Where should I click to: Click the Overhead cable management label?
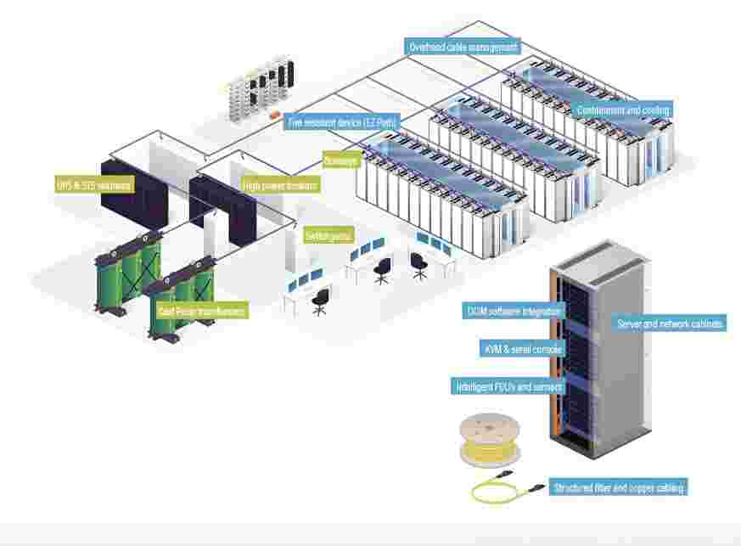coord(463,48)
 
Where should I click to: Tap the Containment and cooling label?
coord(622,110)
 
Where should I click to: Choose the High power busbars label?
coord(280,185)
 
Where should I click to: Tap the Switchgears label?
coord(328,235)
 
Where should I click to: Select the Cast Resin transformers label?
coord(201,312)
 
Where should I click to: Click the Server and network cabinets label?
coord(670,324)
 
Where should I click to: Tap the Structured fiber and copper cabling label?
coord(618,488)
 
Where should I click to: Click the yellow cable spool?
coord(489,440)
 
